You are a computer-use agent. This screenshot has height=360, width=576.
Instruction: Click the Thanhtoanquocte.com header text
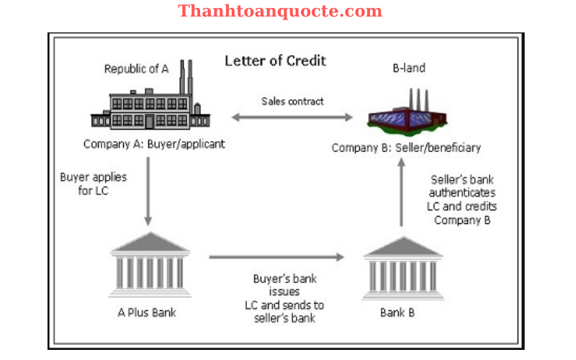point(280,12)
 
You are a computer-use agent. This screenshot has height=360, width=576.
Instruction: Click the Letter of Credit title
point(275,60)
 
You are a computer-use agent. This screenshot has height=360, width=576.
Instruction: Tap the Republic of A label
point(136,69)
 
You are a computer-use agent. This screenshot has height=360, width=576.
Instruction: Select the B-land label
point(408,68)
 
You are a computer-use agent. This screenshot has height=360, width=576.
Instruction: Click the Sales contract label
point(292,101)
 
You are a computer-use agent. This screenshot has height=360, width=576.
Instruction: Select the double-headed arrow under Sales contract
point(292,117)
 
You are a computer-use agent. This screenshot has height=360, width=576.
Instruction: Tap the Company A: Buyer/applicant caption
point(154,144)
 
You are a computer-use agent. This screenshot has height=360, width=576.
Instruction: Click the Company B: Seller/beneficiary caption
point(406,148)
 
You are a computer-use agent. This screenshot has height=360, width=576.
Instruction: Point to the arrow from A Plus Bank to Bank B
point(277,256)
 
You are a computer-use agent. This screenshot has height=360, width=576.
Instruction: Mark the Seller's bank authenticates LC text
point(462,199)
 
